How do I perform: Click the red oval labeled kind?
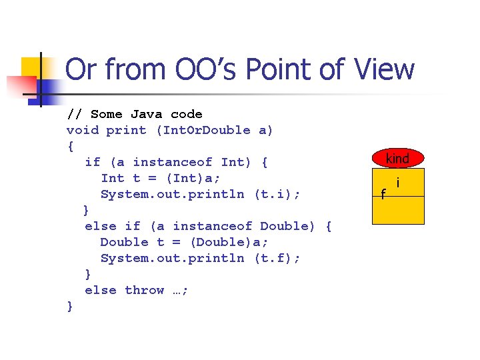coord(397,159)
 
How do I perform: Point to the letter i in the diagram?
coord(398,182)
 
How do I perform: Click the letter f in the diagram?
coord(383,194)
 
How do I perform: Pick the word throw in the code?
coord(144,290)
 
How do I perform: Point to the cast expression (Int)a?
coord(198,178)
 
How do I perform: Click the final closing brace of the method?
coord(70,306)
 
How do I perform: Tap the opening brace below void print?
coord(70,146)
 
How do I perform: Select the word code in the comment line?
coord(186,114)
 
